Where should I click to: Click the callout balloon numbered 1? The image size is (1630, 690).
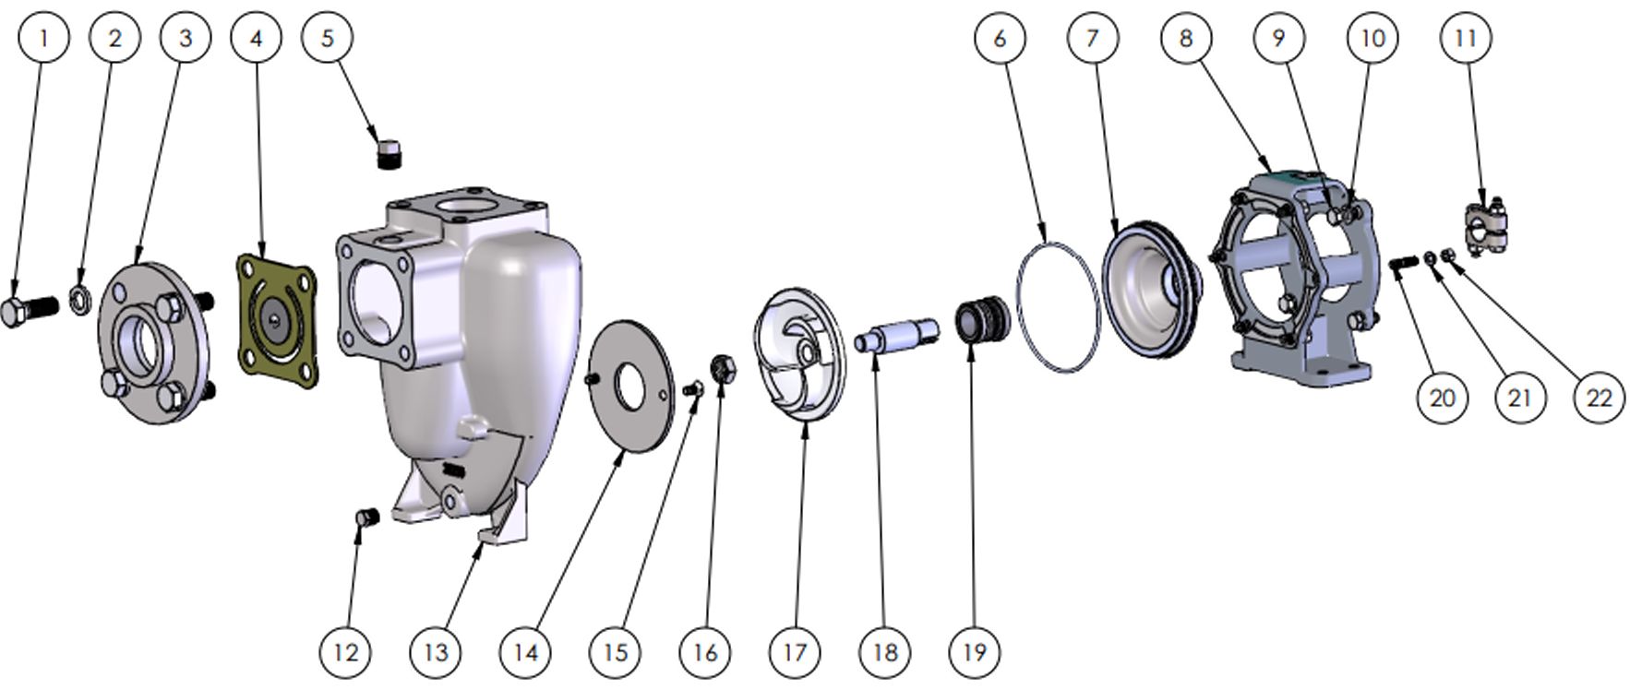click(42, 38)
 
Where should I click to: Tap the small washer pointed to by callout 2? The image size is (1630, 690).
click(80, 299)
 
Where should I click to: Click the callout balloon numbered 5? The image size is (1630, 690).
click(328, 38)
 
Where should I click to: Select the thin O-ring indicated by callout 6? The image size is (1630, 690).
click(1058, 307)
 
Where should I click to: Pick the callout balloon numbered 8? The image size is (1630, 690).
click(1186, 38)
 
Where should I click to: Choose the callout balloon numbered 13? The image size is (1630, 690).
click(435, 652)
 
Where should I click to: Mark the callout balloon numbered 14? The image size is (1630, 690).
click(525, 652)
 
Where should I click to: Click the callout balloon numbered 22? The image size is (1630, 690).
click(1598, 398)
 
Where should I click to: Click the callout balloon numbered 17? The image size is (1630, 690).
click(795, 652)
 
